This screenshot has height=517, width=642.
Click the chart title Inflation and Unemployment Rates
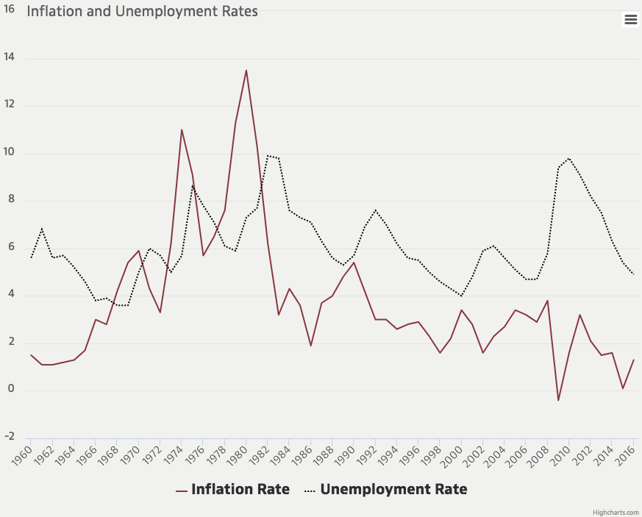(x=142, y=13)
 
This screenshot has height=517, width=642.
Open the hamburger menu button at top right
(x=630, y=20)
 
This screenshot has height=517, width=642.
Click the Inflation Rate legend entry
(x=232, y=489)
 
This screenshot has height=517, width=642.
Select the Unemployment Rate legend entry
(x=385, y=489)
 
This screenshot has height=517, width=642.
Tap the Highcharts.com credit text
(x=616, y=511)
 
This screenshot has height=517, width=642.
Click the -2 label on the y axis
(x=10, y=437)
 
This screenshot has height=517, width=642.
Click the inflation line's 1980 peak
(x=246, y=71)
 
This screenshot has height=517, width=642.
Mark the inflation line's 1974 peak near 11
(x=182, y=130)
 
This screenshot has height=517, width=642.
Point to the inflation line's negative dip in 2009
(x=558, y=400)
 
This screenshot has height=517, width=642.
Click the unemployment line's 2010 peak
(x=569, y=158)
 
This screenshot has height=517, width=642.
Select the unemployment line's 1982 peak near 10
(x=268, y=155)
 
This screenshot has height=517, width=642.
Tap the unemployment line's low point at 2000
(x=461, y=296)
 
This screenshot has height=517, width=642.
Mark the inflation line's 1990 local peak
(x=354, y=263)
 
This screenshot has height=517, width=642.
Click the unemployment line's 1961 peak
(x=42, y=229)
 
